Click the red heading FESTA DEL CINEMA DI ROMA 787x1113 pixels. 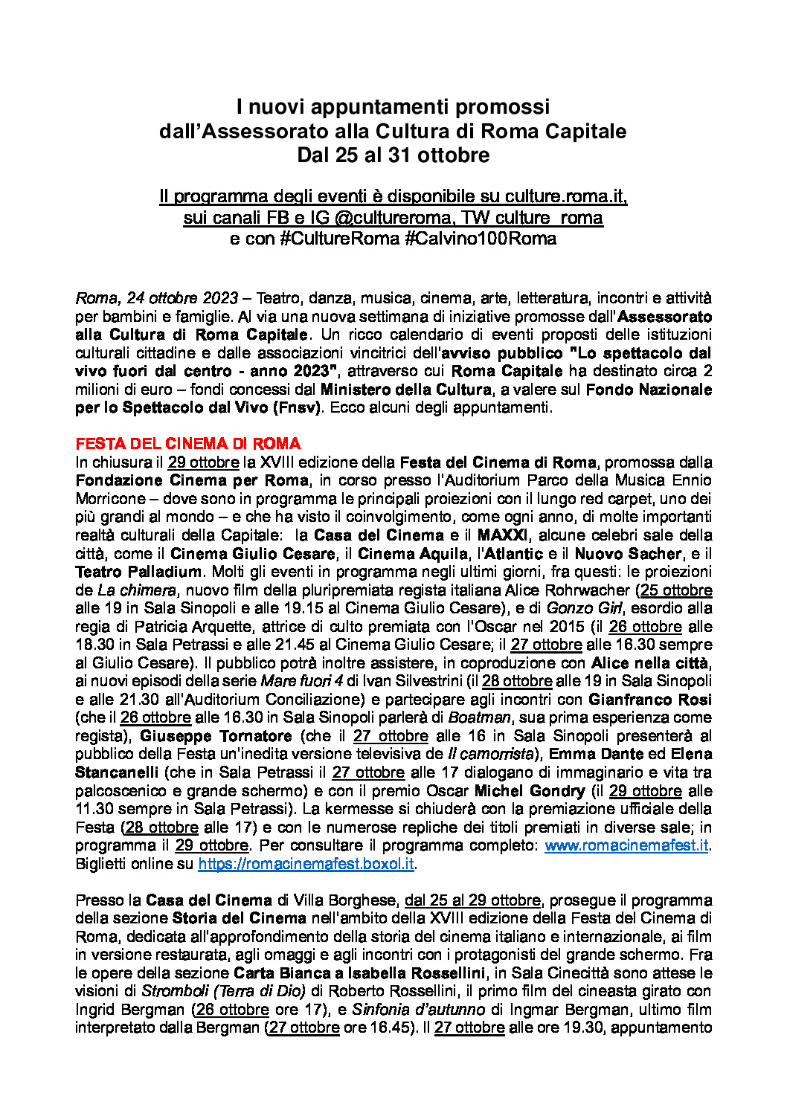[x=187, y=444]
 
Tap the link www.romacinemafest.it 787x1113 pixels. [x=626, y=845]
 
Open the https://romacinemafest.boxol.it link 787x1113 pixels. [x=306, y=864]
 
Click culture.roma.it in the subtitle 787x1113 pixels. [x=565, y=196]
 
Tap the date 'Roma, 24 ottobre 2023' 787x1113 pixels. [x=156, y=298]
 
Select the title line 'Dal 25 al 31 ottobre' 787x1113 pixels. [x=393, y=155]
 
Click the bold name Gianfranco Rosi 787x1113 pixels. [x=649, y=700]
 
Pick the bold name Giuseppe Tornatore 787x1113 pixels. [x=216, y=736]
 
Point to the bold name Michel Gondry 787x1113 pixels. [x=530, y=791]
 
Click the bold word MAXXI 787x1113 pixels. [x=502, y=535]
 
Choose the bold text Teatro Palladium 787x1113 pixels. [x=138, y=572]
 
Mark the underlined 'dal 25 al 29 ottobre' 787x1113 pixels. [x=472, y=900]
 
